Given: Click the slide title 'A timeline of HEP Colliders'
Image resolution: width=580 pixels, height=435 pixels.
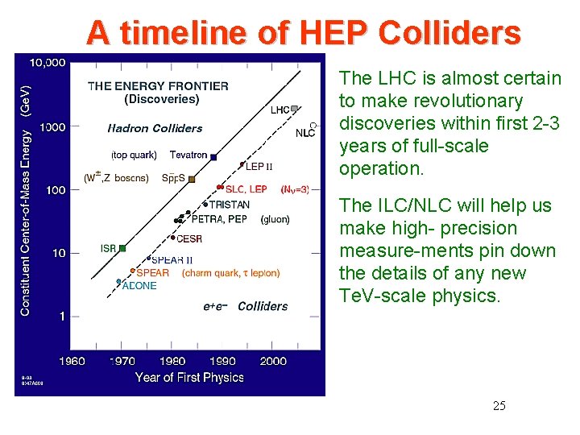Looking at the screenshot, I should click(304, 33).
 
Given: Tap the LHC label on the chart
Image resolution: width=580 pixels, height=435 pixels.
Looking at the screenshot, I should click(280, 110).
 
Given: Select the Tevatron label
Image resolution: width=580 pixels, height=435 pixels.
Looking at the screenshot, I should click(188, 155).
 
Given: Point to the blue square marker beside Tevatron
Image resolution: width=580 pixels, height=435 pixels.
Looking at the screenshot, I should click(213, 155).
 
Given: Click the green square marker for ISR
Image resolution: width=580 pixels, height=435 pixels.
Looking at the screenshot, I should click(122, 249).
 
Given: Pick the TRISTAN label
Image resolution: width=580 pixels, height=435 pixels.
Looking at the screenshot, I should click(230, 205).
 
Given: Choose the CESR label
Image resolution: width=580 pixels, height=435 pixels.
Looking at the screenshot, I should click(188, 238).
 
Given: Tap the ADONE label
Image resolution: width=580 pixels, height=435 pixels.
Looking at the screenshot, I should click(139, 286).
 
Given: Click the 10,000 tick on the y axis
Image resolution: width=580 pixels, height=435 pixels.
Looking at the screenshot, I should click(48, 63).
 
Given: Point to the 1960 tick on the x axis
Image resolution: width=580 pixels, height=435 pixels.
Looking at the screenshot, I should click(72, 361).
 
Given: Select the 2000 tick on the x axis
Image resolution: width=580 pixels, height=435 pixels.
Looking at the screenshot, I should click(273, 361).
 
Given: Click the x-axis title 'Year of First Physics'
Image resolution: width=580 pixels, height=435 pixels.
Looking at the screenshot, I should click(189, 377).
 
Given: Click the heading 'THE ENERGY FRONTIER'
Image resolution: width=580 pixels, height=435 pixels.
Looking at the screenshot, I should click(158, 86).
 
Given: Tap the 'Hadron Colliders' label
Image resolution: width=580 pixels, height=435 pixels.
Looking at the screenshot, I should click(155, 128).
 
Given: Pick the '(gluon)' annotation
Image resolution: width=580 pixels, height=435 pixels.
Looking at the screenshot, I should click(275, 219).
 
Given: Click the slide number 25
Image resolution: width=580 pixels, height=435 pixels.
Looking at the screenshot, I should click(499, 405).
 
